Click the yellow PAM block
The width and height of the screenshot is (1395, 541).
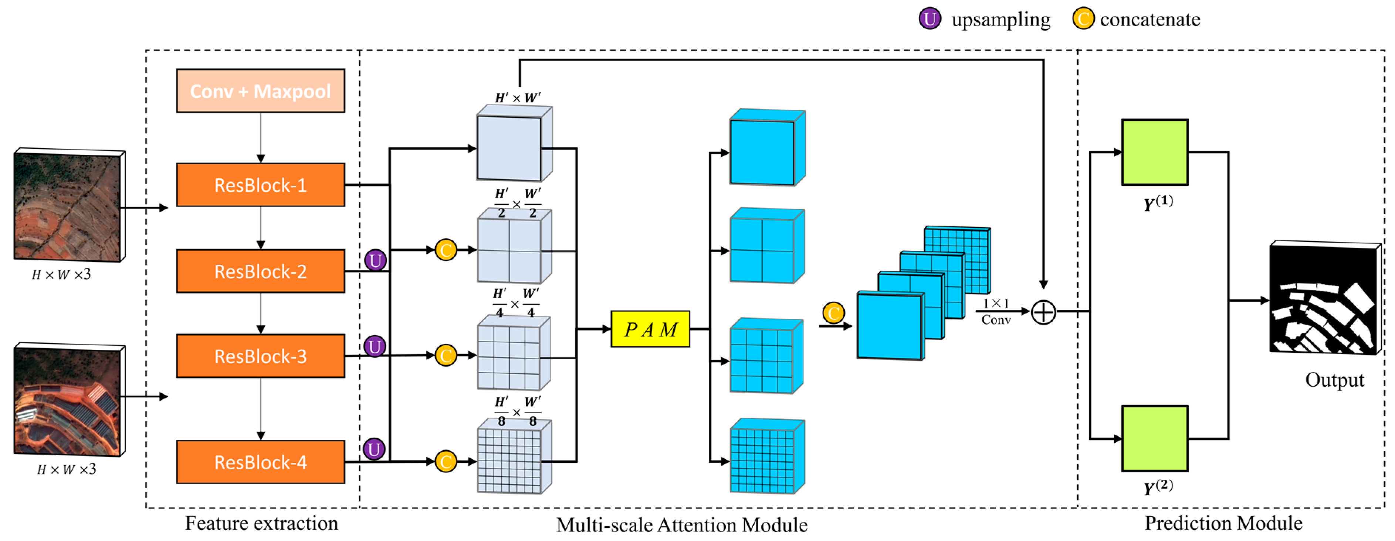(650, 329)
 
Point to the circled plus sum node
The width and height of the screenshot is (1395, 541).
(1043, 312)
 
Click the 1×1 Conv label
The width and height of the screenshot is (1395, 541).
(996, 312)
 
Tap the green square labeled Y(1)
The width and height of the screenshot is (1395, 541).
(1155, 152)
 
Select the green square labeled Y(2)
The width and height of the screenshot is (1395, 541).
(1155, 438)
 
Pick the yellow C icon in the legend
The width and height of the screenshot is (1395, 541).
(1083, 18)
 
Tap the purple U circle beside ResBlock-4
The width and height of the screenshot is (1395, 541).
(374, 449)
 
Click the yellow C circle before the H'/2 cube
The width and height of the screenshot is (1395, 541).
(446, 250)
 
